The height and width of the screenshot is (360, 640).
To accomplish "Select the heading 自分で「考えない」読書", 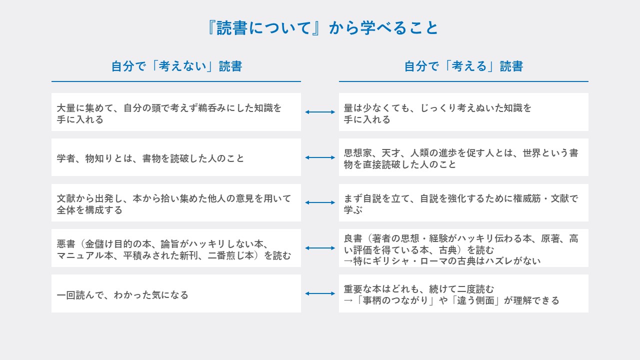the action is point(176,66).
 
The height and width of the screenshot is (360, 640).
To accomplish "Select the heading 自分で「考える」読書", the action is point(463,66).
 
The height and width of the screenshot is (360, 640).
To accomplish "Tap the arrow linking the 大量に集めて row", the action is point(320,112).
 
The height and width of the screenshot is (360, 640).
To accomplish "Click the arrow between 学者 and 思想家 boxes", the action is point(320,157).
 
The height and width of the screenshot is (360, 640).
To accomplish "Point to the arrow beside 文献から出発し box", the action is point(320,202).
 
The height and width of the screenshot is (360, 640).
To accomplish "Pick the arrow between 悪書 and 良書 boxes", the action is point(320,248).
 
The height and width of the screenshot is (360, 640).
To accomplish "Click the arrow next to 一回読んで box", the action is point(320,293).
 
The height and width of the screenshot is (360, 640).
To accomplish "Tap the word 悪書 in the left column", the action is point(66,244).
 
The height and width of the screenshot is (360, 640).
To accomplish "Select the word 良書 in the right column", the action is point(353,238).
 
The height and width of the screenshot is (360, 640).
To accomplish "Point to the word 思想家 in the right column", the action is point(357,153).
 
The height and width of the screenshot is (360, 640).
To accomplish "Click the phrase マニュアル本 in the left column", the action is point(85,255).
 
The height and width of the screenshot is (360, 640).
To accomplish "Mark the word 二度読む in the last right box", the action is point(475,289).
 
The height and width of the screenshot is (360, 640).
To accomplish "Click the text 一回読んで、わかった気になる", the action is point(122,295).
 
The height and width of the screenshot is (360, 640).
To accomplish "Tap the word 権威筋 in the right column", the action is point(527,198).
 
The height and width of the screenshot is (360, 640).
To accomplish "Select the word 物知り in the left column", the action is point(99,158).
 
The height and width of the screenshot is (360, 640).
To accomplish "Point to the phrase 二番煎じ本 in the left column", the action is point(231,255).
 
